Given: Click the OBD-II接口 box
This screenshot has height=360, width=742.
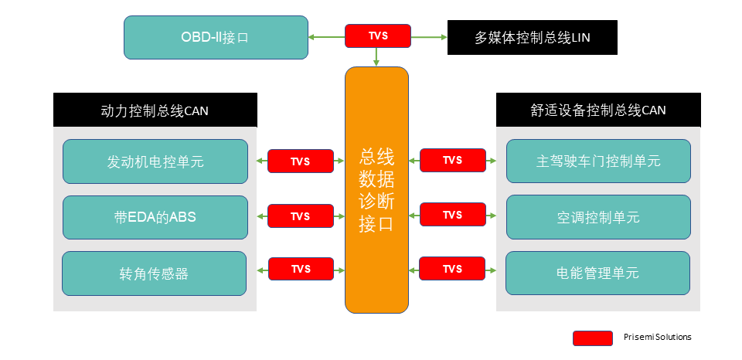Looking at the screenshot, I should click(216, 37).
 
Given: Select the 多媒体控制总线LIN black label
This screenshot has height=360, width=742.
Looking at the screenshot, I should click(533, 37).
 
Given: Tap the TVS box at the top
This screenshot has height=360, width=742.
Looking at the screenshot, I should click(377, 36).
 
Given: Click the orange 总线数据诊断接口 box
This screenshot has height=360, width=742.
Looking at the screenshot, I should click(376, 190).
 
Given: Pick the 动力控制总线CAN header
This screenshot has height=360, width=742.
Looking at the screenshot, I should click(155, 110).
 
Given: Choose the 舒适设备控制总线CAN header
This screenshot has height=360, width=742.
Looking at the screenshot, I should click(598, 110).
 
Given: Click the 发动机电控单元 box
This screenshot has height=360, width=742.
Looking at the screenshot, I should click(155, 161).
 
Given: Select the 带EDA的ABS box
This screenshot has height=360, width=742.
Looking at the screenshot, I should click(155, 217).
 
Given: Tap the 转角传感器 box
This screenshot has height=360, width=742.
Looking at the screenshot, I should click(155, 273).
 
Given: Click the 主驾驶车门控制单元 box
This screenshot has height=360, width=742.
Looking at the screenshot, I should click(598, 161).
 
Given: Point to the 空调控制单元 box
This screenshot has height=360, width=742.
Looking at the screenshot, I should click(598, 217).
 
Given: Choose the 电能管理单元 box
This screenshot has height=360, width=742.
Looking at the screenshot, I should click(598, 273).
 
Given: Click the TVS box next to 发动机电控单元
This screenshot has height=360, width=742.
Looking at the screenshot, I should click(301, 161).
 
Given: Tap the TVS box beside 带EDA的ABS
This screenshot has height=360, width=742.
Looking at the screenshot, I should click(301, 216).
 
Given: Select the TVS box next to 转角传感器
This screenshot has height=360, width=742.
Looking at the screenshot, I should click(301, 270).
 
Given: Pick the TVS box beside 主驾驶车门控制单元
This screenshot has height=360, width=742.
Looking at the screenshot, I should click(452, 161).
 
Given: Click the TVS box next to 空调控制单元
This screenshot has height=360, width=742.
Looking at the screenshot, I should click(452, 215).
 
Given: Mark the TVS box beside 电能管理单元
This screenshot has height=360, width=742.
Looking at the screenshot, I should click(452, 270).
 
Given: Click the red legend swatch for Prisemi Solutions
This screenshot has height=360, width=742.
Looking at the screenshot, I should click(592, 338).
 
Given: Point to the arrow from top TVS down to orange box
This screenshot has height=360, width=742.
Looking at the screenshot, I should click(376, 56).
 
